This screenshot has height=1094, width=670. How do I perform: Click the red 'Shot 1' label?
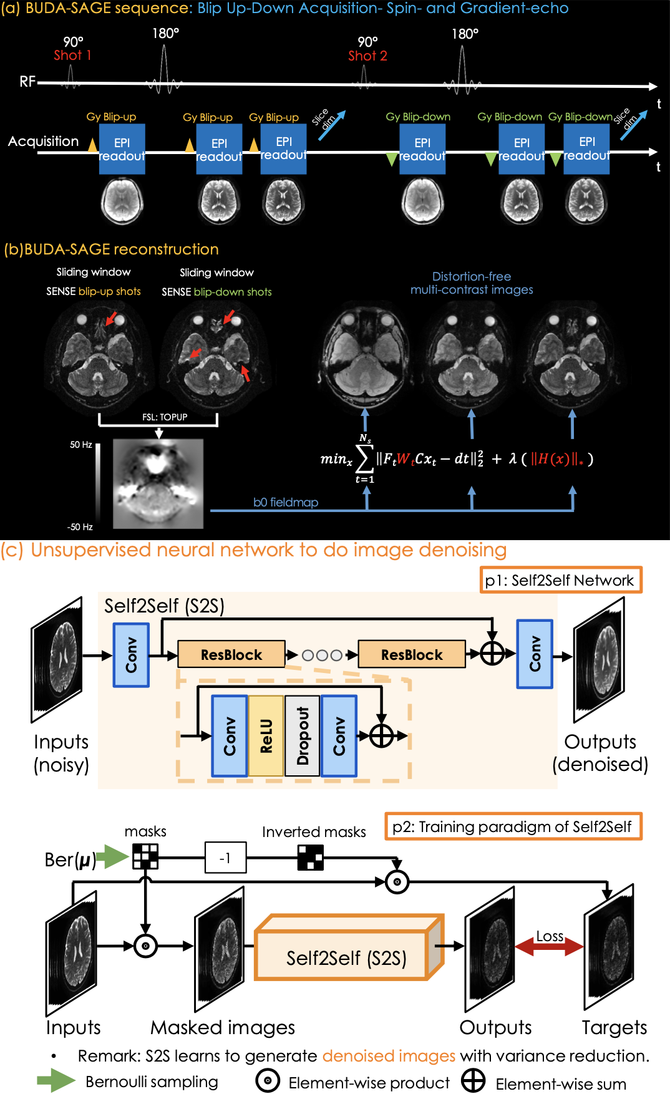coord(72,55)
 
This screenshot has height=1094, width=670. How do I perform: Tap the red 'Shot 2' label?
coord(367,56)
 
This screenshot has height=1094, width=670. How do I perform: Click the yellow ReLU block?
coord(266,736)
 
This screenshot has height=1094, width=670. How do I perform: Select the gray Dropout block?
coord(303,736)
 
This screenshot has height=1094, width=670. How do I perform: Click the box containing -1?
coord(225,858)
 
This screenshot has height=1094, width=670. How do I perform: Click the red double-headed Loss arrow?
coord(549,947)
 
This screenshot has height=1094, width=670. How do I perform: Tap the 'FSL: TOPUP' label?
coord(165,417)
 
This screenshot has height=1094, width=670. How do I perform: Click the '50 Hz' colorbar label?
coord(81,445)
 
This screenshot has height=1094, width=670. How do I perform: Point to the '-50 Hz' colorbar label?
coord(80,527)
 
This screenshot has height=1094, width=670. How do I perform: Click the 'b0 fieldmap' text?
coord(286,502)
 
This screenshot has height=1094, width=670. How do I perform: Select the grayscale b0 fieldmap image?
coord(158,484)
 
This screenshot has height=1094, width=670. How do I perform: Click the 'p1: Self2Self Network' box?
coord(560,580)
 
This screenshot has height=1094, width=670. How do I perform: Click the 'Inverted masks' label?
coord(314,832)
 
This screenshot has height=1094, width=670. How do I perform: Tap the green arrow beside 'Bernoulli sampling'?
coord(56,1081)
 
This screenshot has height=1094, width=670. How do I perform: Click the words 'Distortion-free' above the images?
coord(472,276)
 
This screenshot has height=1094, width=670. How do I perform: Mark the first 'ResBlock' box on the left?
coord(231,654)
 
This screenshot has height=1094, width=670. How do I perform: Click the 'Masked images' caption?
coord(223,1027)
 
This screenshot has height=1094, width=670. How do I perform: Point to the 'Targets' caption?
coord(614,1027)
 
